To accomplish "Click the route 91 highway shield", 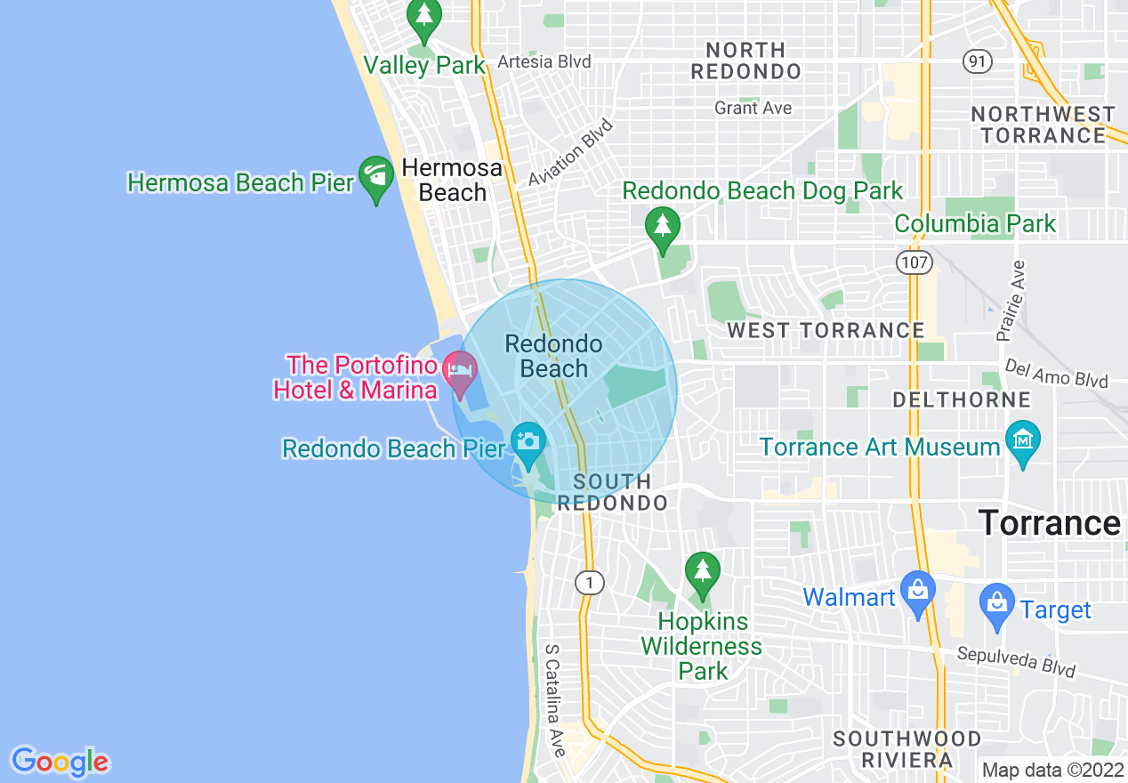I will point(977,61).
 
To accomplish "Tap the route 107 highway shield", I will point(914,262).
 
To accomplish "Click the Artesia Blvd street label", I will point(544,61).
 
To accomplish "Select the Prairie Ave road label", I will point(1011,301).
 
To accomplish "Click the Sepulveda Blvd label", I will point(1016,661).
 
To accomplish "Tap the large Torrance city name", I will point(1049,522).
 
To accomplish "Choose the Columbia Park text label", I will point(975,223).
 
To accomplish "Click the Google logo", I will point(60,762).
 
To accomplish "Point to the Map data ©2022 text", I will point(1051,770).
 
